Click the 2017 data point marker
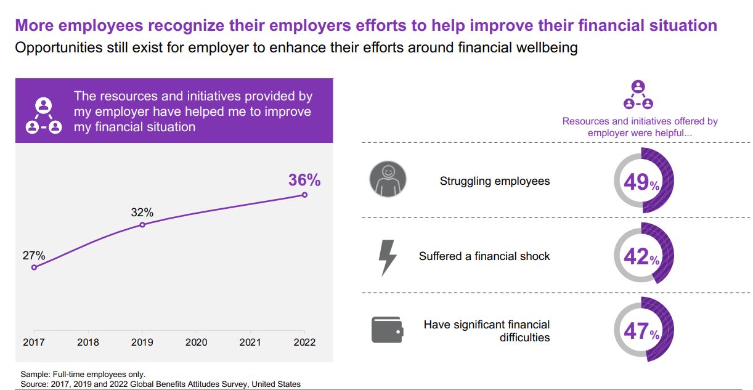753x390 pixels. (x=34, y=267)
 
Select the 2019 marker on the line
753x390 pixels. (x=142, y=225)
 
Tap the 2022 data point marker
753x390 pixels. (x=304, y=195)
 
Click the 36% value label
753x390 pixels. (x=304, y=180)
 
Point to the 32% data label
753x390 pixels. (x=142, y=213)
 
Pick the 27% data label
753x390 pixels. (x=34, y=256)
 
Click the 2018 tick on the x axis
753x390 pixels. (x=88, y=342)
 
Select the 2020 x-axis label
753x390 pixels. (x=196, y=342)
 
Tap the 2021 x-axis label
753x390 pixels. (x=250, y=342)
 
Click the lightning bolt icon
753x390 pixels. (x=388, y=256)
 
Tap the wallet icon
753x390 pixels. (x=388, y=330)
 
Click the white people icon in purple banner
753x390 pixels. (x=43, y=115)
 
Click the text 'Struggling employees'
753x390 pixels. (x=495, y=181)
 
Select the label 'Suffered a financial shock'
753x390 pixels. (x=484, y=256)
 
